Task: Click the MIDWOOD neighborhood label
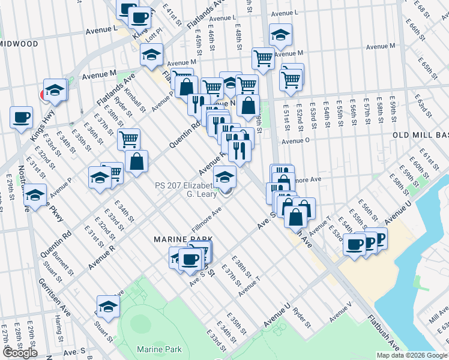[19, 44]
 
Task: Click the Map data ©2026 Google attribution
[412, 355]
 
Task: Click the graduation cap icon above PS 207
[224, 176]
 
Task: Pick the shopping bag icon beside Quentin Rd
[137, 160]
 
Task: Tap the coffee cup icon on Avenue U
[355, 244]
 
